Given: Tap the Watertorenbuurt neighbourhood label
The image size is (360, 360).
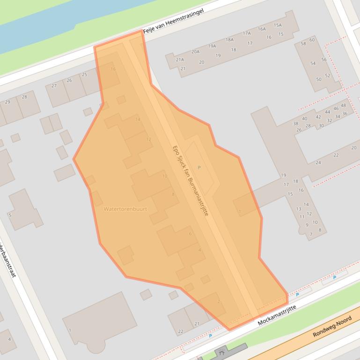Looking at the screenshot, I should (x=125, y=209).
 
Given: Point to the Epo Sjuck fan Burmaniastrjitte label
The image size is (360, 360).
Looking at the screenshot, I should (x=190, y=180).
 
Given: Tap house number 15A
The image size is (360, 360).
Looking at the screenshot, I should (x=278, y=25).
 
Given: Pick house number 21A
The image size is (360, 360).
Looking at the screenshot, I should (x=180, y=60).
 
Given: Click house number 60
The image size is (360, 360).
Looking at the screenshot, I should (x=312, y=40).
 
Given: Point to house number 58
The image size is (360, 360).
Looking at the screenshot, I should (x=303, y=44).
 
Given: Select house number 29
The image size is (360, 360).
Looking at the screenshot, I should (x=7, y=102).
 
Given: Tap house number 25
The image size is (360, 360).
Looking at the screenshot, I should (x=84, y=75).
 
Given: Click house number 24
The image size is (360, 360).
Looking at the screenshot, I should (x=318, y=163).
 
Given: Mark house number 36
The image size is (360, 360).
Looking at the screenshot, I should (x=345, y=114).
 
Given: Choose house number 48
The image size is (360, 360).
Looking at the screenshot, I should (x=343, y=106).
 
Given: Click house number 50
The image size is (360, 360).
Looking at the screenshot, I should (x=319, y=79).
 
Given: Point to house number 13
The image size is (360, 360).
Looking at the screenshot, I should (x=299, y=209).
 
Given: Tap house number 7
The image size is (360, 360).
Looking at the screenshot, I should (x=310, y=234).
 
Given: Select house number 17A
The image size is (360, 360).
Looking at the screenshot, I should (x=247, y=34).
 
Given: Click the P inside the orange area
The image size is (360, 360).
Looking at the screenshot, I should (x=199, y=167).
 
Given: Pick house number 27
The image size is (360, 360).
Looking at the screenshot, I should (x=54, y=86).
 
